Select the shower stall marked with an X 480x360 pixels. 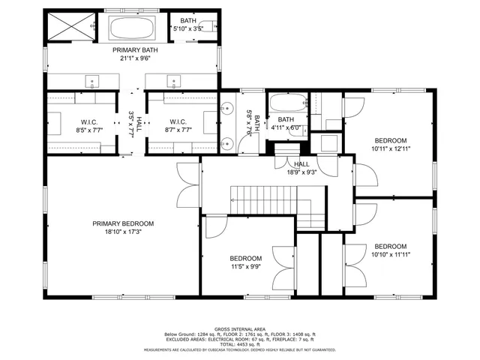(66, 28)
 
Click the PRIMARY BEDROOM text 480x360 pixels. (123, 223)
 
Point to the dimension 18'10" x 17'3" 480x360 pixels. (123, 232)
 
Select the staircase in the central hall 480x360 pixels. (277, 206)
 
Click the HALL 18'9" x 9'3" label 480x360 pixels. (301, 168)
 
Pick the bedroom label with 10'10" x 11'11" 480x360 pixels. (390, 250)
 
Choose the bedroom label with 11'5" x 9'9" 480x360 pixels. (245, 262)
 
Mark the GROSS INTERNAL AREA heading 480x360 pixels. (240, 328)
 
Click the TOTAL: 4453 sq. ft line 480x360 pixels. (240, 343)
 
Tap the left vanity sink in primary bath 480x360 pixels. (93, 79)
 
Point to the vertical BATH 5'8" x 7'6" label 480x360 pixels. (253, 122)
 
